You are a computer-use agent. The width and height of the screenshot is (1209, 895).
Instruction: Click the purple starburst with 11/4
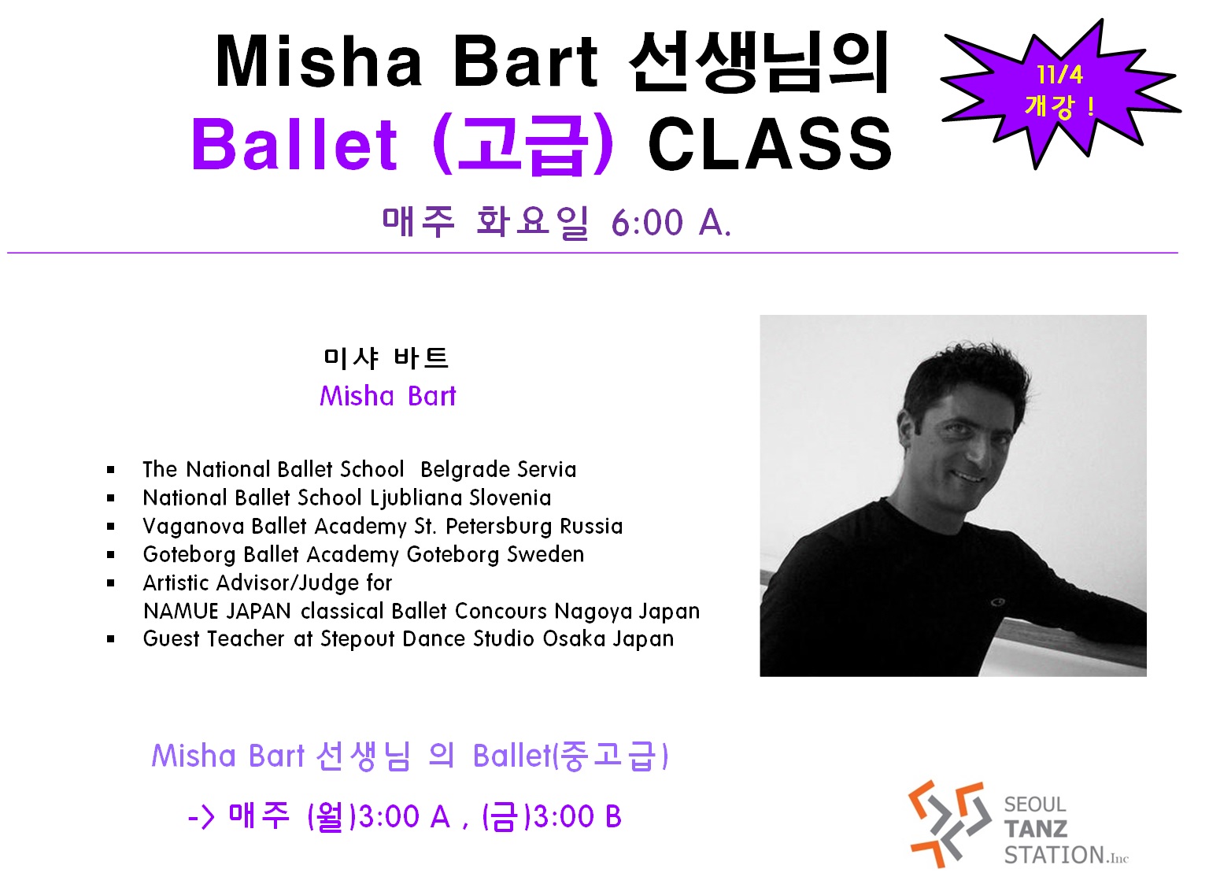1060,93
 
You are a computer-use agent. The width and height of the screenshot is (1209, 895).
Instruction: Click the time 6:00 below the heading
647,223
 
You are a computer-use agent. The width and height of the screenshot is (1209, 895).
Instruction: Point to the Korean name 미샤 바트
386,357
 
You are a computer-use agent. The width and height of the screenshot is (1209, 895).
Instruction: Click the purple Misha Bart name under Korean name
387,396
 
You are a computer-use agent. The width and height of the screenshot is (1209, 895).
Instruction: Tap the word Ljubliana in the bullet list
416,498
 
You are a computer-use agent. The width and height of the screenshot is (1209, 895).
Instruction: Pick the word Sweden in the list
545,554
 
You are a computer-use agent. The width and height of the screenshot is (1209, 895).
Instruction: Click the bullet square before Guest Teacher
111,639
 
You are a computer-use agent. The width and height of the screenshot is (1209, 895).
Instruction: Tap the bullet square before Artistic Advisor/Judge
111,583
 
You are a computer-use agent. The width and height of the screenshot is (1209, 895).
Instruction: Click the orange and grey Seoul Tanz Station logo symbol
949,824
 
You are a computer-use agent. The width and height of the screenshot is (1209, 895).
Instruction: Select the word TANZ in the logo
1035,829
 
